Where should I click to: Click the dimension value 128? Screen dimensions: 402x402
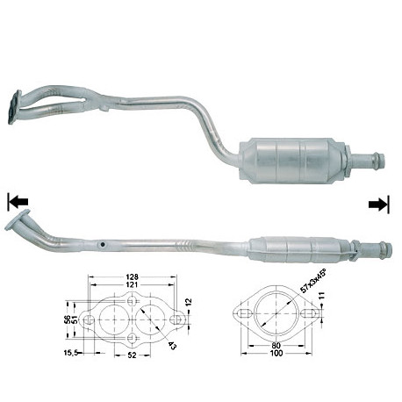[x=132, y=276]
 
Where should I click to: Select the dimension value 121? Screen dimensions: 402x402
[x=132, y=284]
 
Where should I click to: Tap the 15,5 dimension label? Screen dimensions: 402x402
[x=71, y=353]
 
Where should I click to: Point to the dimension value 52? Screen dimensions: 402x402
[x=133, y=355]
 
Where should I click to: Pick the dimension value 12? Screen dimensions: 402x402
[x=189, y=302]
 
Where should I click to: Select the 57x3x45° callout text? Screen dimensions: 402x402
[x=312, y=283]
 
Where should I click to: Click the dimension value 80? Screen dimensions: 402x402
[x=276, y=346]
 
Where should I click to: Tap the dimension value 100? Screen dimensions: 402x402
[x=276, y=354]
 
